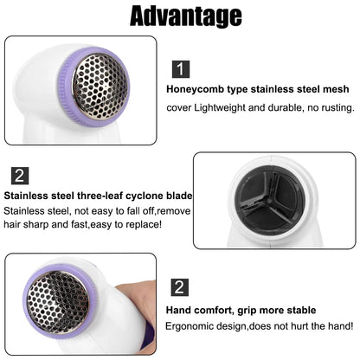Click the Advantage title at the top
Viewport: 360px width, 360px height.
tap(179, 17)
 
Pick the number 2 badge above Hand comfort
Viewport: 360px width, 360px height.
tap(179, 287)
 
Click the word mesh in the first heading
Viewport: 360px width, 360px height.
tap(336, 88)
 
